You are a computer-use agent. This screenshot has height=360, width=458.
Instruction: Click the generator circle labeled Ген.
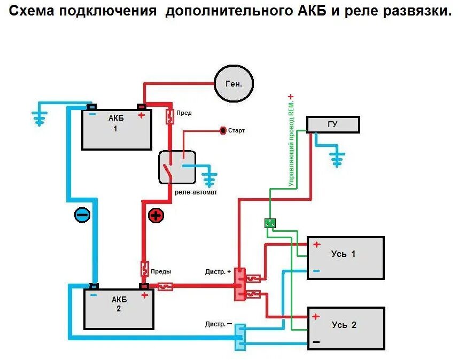tap(234, 83)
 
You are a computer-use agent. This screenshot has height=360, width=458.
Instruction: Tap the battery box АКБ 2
tap(119, 309)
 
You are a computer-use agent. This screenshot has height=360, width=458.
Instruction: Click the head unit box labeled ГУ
tap(332, 124)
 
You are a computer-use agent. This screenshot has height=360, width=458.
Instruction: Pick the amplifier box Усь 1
tap(345, 258)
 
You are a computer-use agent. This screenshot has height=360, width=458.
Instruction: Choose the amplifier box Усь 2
tap(346, 328)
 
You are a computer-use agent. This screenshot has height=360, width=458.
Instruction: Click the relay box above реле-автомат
tap(177, 167)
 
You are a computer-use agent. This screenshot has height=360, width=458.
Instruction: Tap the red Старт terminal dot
tap(223, 130)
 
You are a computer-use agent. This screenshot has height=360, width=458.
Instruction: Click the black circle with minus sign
tap(82, 215)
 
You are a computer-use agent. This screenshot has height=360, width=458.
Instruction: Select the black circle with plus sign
tap(156, 215)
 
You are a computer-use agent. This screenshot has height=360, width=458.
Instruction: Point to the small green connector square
tap(270, 223)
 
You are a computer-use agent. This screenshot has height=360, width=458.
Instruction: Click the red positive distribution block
tap(240, 284)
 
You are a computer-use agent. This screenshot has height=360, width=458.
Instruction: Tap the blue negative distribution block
tap(240, 337)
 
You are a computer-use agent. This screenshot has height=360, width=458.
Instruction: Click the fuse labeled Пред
tap(170, 116)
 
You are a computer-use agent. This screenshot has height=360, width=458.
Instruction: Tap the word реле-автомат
tap(196, 192)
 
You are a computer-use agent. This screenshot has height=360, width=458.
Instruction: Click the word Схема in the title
tap(33, 12)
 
